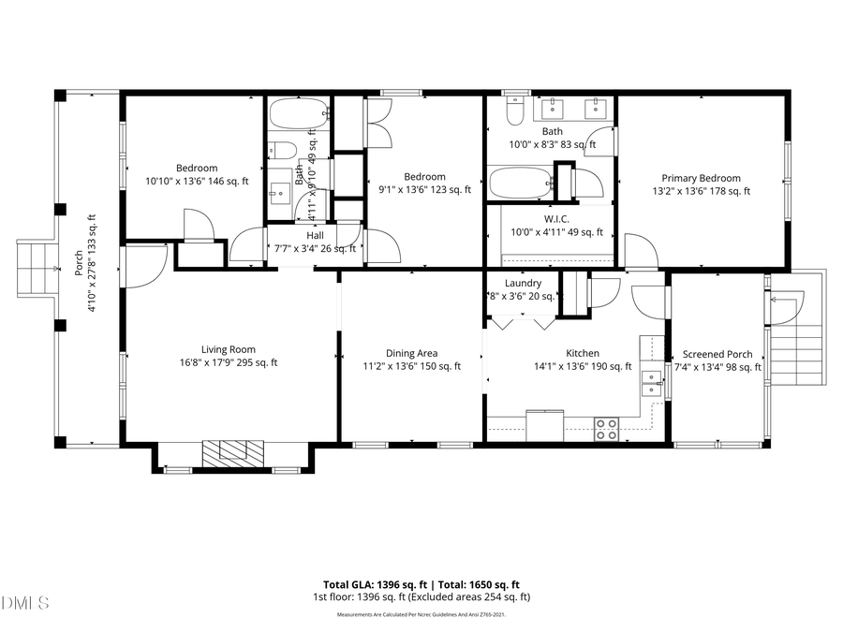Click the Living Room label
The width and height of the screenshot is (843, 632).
tap(229, 350)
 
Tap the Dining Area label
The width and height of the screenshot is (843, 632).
tap(412, 353)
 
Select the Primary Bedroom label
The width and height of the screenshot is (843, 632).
tap(701, 178)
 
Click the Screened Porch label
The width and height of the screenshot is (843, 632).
tap(717, 355)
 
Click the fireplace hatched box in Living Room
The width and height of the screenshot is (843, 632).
tap(234, 452)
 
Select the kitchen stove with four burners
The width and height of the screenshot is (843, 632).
tap(607, 429)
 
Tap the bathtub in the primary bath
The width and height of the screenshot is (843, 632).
tap(519, 182)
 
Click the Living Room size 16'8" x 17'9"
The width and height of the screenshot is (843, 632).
tap(229, 363)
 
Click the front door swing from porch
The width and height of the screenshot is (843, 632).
tap(140, 266)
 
